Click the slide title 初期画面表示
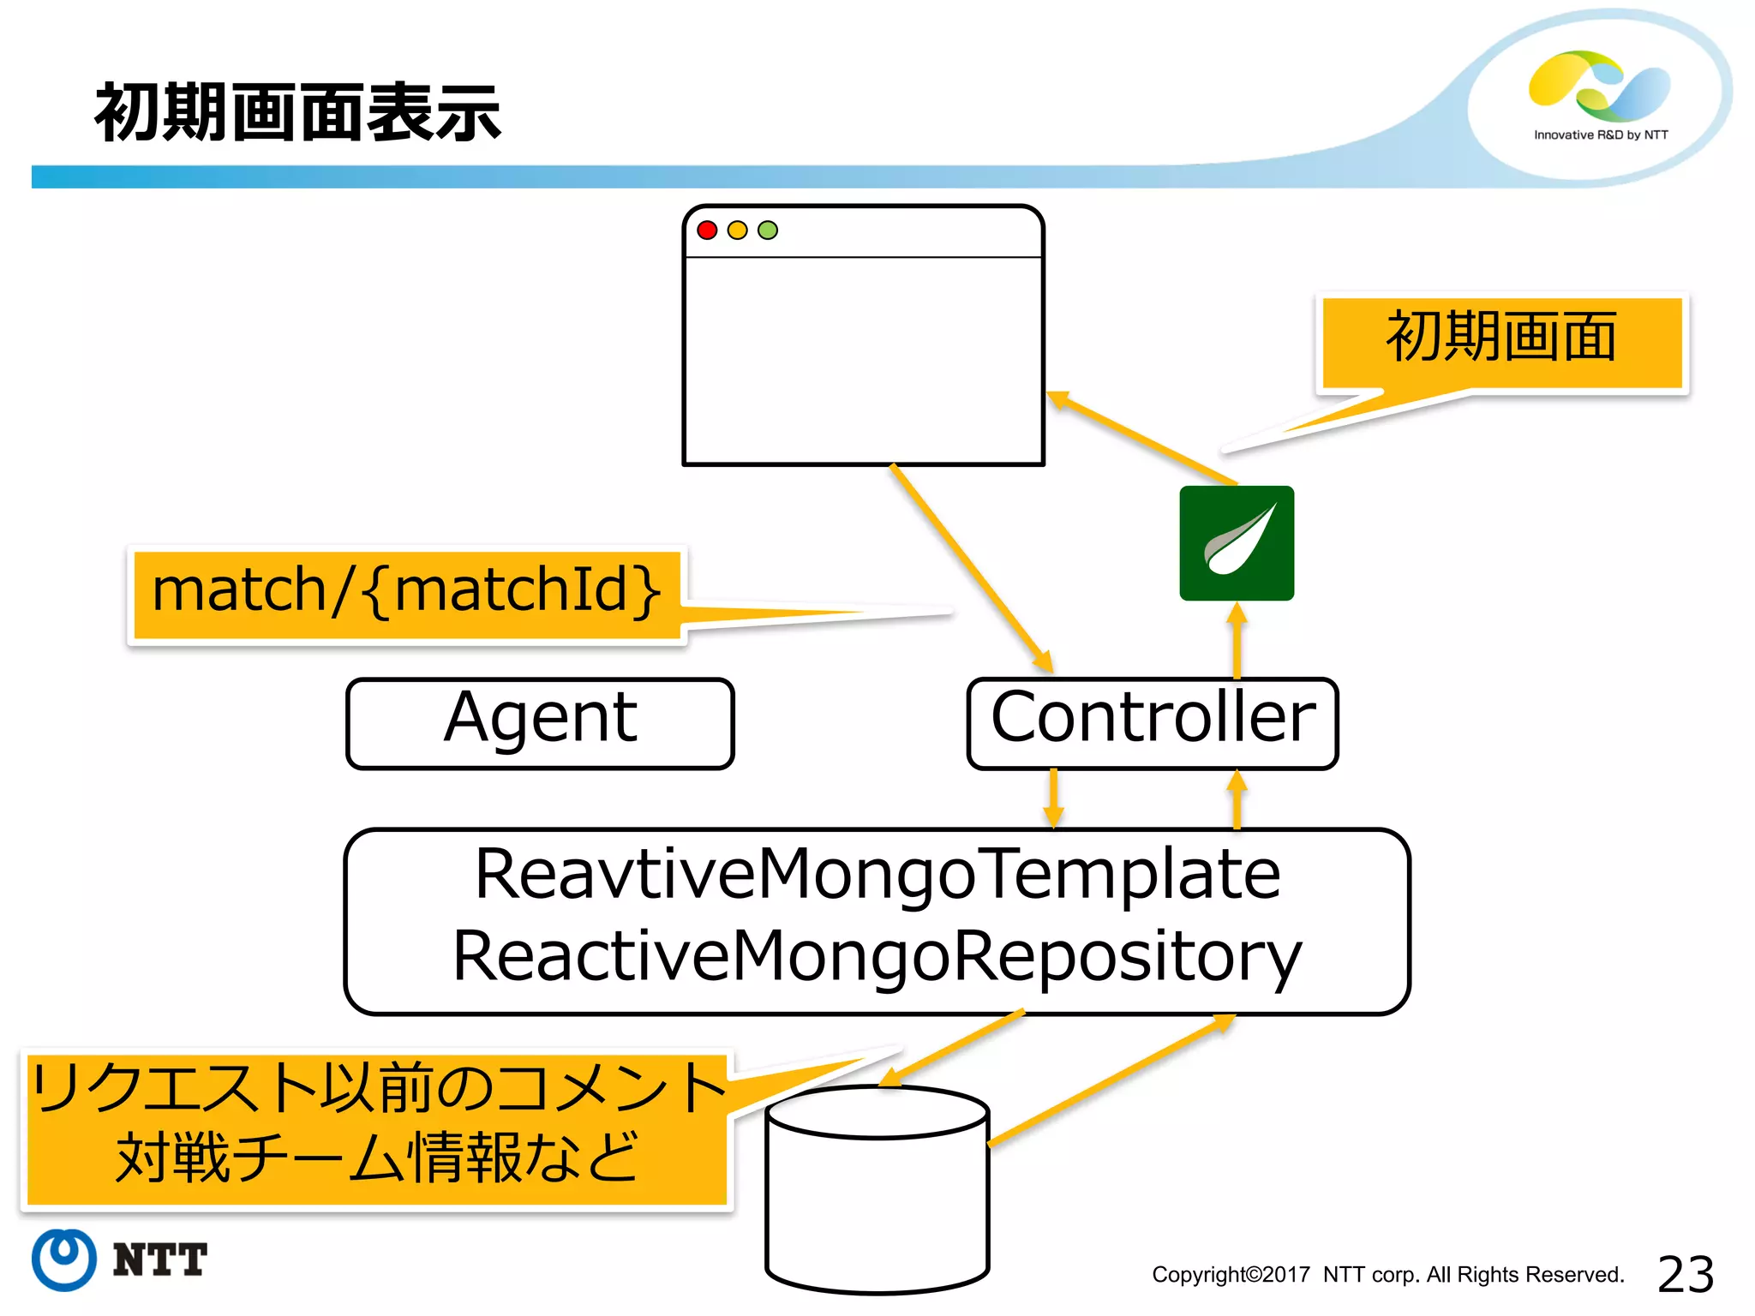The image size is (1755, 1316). (297, 113)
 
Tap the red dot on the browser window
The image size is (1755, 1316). (707, 230)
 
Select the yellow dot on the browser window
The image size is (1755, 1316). (737, 230)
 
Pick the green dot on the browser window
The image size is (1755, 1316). (768, 230)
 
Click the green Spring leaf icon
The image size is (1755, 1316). (1236, 542)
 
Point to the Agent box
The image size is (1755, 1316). (540, 722)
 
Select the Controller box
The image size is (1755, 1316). (1152, 722)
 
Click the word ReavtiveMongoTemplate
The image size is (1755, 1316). (877, 875)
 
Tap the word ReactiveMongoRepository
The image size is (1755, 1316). (877, 957)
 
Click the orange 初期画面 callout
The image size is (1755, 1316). (1501, 339)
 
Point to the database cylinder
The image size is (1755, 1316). (877, 1199)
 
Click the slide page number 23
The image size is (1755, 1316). (1685, 1274)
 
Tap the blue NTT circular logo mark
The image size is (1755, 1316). (64, 1259)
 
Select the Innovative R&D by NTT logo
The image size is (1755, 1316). (1599, 94)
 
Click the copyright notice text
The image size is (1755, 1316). (1387, 1275)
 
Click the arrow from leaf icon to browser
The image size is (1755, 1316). (1143, 438)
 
